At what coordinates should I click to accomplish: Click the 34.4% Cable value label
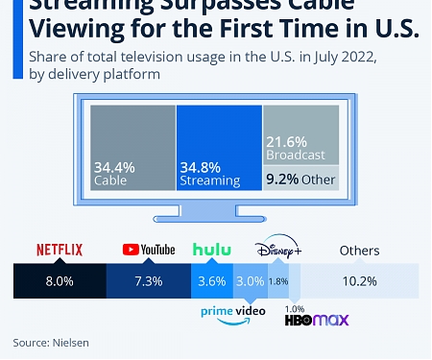click(113, 166)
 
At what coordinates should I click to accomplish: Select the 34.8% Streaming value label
click(198, 166)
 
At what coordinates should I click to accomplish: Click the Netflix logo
click(60, 250)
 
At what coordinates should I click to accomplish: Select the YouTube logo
click(149, 250)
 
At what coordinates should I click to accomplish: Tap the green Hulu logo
click(211, 250)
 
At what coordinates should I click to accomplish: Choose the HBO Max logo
click(316, 320)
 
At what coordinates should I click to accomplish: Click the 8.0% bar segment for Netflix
click(59, 280)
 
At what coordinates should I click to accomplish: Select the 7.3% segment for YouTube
click(149, 280)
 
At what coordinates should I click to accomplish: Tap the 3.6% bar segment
click(211, 280)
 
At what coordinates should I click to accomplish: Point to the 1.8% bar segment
click(277, 280)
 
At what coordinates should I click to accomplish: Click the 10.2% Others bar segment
click(359, 280)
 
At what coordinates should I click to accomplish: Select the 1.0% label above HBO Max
click(295, 307)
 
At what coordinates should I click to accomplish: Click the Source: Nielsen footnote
click(46, 342)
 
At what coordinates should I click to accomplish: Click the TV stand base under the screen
click(215, 216)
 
